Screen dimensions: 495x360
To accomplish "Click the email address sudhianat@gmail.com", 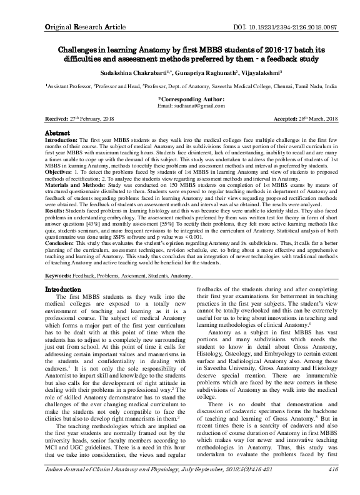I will [190, 106].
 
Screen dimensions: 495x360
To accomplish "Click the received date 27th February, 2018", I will [91, 117].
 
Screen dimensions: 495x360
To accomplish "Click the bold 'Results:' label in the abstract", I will [59, 229].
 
